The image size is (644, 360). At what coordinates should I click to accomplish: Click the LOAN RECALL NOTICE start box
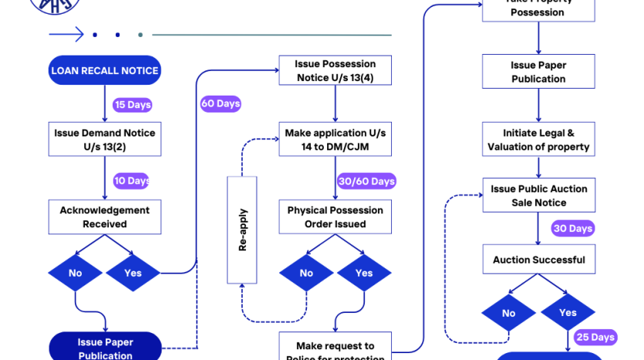(104, 70)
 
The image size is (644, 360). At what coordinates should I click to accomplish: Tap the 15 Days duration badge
(132, 105)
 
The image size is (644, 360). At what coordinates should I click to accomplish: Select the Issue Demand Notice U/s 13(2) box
(104, 140)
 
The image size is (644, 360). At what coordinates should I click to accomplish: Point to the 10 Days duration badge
(131, 181)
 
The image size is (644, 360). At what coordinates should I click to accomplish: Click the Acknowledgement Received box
(104, 217)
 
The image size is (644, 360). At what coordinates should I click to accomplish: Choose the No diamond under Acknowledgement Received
(75, 273)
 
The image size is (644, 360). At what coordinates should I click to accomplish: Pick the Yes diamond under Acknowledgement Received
(133, 273)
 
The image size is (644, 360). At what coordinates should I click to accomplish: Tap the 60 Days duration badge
(221, 103)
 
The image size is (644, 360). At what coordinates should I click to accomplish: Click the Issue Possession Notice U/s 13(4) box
(335, 70)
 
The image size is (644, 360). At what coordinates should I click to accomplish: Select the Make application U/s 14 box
(335, 140)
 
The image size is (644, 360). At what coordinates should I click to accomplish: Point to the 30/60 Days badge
(366, 181)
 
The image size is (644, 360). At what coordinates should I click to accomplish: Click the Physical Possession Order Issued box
(335, 217)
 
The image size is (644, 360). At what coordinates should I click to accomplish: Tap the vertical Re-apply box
(242, 230)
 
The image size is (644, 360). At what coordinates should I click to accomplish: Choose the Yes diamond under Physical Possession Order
(364, 273)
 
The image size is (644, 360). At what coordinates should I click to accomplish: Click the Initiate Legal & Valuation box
(538, 140)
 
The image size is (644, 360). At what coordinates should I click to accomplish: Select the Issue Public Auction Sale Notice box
(538, 195)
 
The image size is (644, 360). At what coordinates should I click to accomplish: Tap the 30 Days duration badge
(572, 228)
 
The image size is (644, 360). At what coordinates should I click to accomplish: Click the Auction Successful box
(538, 260)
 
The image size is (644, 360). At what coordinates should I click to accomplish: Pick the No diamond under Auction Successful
(509, 313)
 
